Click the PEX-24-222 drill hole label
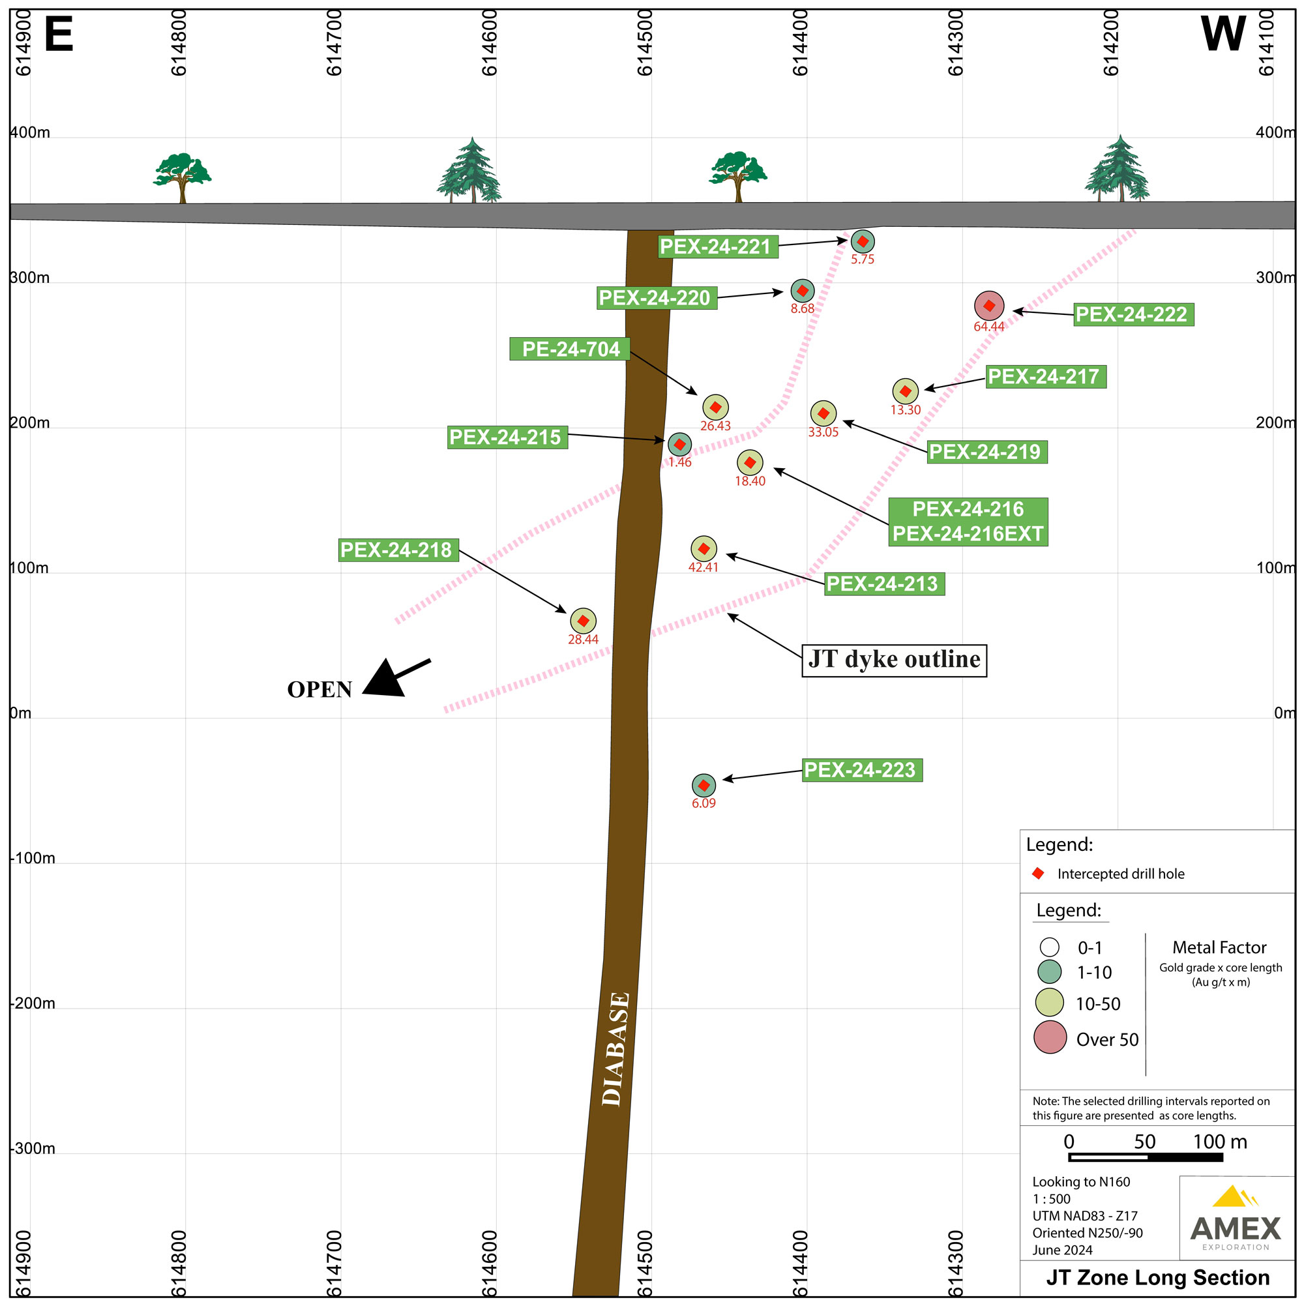(1133, 314)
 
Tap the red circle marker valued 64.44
(989, 306)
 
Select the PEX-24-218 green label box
(398, 550)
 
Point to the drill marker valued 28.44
(583, 621)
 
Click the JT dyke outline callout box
(895, 659)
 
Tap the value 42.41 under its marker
(704, 568)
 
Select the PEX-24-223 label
(862, 770)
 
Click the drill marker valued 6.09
(704, 786)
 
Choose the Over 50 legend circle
(1050, 1037)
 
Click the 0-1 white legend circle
(1050, 947)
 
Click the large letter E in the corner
(59, 35)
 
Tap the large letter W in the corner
(1223, 34)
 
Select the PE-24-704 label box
(570, 349)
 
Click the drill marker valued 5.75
(863, 242)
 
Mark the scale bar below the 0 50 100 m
(1146, 1157)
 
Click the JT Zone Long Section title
(1157, 1278)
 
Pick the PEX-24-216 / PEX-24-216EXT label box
(968, 522)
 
